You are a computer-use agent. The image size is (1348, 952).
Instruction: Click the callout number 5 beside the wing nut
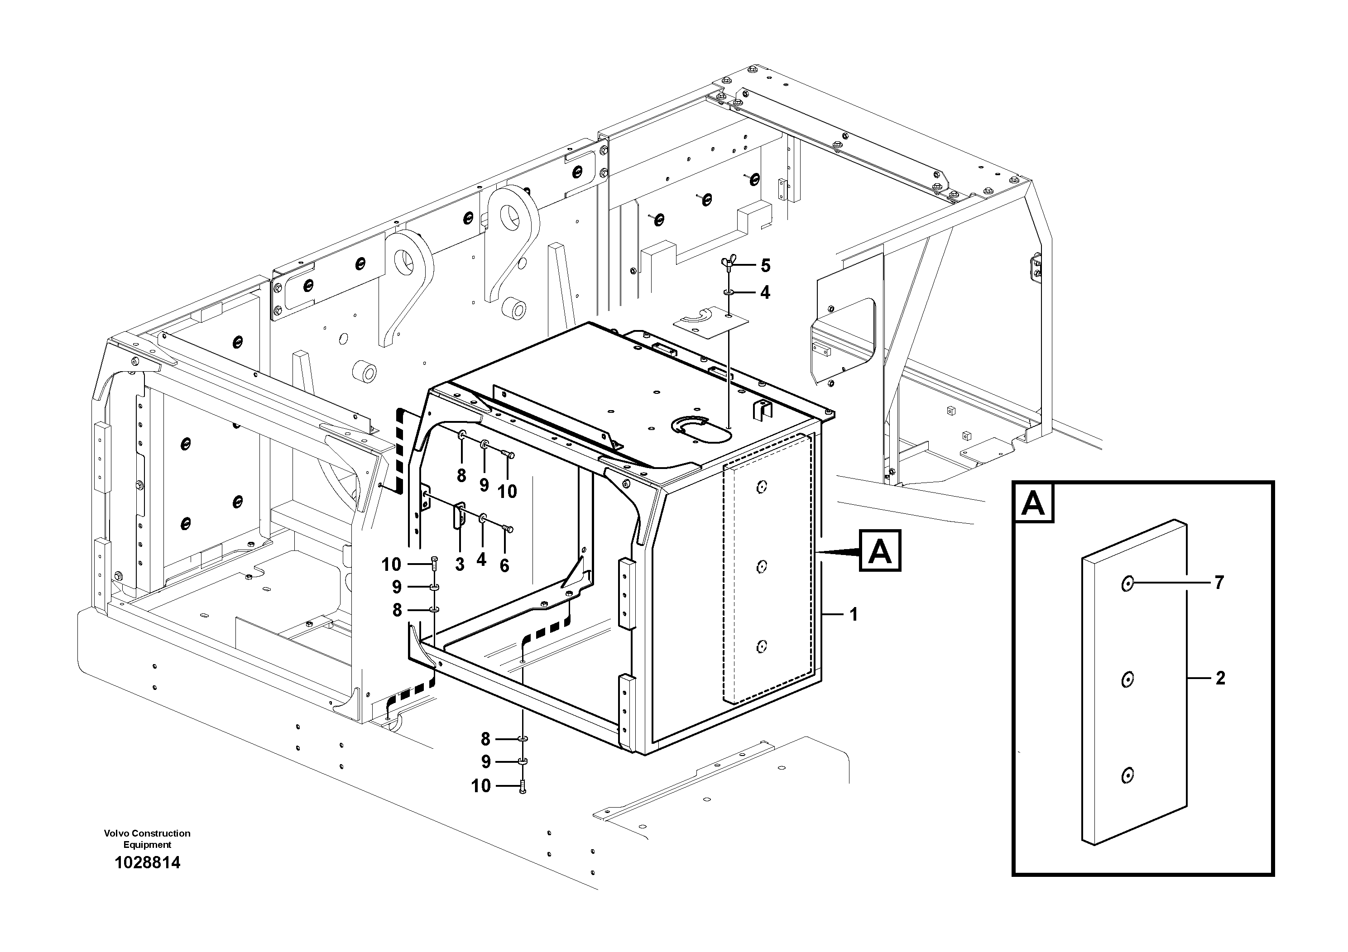[x=765, y=266]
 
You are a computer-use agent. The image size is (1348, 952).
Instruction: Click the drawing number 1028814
[x=147, y=862]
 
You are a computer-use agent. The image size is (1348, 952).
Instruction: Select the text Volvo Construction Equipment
[x=147, y=839]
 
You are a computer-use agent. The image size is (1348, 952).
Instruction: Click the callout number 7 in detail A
[x=1219, y=583]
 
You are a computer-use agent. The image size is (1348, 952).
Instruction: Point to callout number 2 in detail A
[x=1220, y=679]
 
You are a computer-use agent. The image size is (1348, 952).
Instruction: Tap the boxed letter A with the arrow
[x=879, y=551]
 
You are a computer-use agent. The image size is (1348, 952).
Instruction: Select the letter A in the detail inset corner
[x=1033, y=503]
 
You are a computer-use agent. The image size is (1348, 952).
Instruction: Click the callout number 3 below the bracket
[x=460, y=565]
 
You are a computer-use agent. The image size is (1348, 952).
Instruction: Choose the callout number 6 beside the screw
[x=504, y=566]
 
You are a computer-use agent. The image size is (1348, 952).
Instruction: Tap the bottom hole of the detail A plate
[x=1127, y=776]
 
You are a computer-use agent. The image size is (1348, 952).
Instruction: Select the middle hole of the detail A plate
[x=1127, y=679]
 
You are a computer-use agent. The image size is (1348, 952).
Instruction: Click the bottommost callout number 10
[x=481, y=786]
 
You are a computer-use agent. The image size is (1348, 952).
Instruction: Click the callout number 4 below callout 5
[x=765, y=292]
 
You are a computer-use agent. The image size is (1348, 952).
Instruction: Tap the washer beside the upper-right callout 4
[x=728, y=292]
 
